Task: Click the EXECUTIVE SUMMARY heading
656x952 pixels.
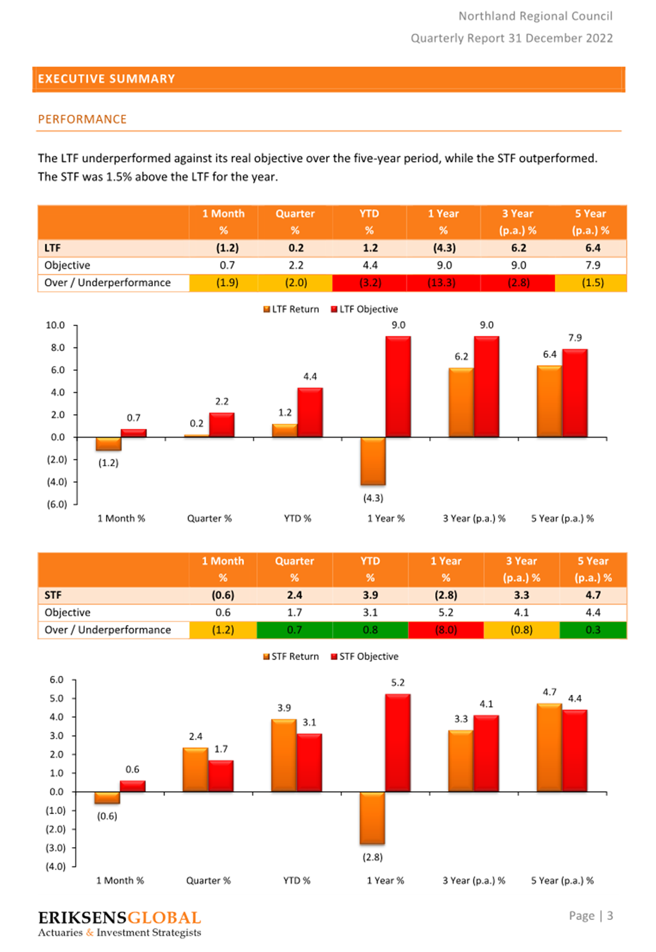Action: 106,79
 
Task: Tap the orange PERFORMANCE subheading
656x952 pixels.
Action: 83,119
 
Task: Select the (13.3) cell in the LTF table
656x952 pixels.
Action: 443,283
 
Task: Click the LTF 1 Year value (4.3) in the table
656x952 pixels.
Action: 444,248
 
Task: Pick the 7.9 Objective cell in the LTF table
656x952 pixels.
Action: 593,265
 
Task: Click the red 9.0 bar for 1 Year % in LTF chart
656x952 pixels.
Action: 398,386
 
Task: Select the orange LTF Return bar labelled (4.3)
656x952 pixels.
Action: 373,461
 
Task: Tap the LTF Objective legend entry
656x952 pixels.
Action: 365,310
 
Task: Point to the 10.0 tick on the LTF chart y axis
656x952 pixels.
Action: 56,325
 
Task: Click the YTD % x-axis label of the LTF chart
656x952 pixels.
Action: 297,518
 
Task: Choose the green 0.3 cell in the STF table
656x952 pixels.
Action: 593,630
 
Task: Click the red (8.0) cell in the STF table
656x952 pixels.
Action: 445,630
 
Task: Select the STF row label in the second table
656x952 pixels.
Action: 53,595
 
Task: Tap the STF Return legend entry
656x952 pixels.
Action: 291,656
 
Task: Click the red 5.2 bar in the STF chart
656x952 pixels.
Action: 398,743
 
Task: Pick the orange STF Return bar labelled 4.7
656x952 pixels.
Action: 550,748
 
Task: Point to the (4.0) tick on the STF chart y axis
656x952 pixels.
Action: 56,866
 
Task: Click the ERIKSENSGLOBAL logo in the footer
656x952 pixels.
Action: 119,923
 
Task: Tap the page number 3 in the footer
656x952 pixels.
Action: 609,915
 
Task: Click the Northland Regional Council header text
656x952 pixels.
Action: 536,16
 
